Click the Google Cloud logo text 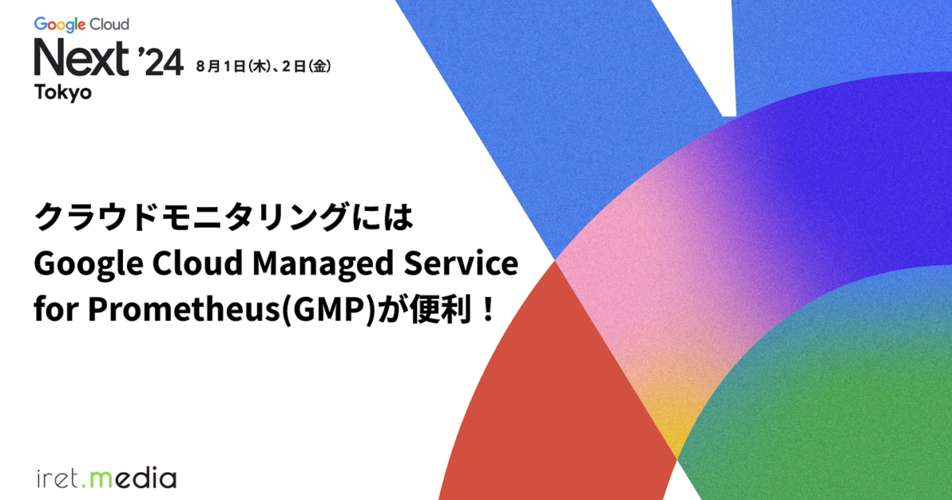[82, 25]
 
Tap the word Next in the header [82, 58]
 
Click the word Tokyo [63, 92]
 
